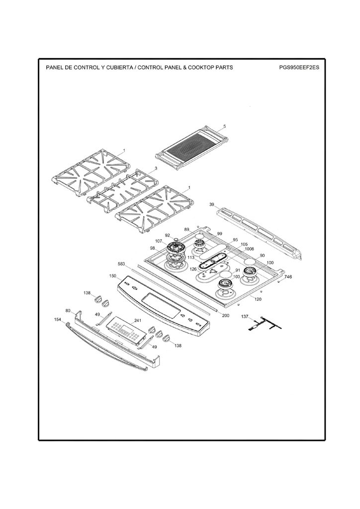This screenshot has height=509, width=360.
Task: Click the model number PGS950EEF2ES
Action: click(299, 68)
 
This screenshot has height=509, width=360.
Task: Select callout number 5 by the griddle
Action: click(225, 126)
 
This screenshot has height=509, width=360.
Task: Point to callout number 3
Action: click(156, 168)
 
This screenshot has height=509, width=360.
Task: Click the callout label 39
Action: click(211, 204)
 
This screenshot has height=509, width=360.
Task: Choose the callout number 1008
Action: click(249, 249)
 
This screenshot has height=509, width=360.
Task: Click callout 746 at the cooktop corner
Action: click(288, 277)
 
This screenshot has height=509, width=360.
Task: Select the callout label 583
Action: click(121, 264)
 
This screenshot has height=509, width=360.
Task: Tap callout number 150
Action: click(112, 276)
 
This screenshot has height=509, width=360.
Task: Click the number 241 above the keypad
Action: click(138, 321)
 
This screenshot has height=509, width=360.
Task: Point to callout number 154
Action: click(58, 320)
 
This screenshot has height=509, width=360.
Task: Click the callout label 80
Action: click(68, 311)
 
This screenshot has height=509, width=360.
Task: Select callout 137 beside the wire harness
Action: click(245, 316)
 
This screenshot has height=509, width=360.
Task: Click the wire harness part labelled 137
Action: click(265, 324)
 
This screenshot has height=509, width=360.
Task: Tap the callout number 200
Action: click(225, 316)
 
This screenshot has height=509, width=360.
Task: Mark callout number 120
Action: click(258, 299)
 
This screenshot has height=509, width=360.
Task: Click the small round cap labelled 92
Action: click(176, 240)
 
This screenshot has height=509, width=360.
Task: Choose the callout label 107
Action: click(159, 241)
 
